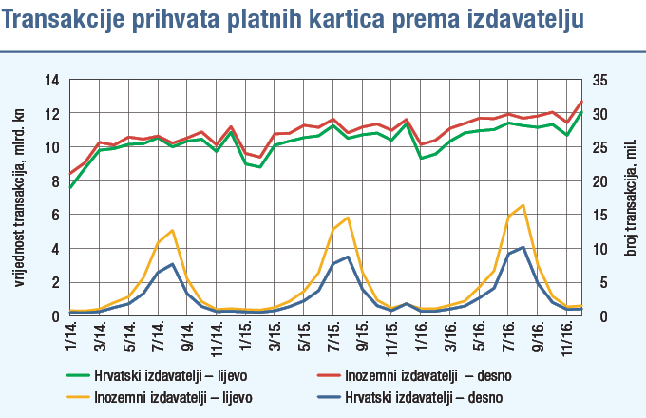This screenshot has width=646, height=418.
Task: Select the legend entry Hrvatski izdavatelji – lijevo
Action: [x=170, y=374]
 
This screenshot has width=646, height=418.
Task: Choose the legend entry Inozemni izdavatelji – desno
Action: [x=422, y=374]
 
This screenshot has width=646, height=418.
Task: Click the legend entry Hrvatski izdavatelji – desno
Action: [x=424, y=395]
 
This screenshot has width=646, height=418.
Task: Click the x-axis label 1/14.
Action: [x=71, y=333]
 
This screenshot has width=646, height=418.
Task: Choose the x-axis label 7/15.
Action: [x=334, y=333]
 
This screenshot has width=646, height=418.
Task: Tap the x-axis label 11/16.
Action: [x=568, y=333]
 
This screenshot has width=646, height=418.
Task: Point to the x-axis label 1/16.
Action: [x=422, y=333]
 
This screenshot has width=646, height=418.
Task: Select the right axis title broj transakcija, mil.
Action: [x=628, y=199]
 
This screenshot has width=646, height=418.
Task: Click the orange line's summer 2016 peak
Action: [x=523, y=205]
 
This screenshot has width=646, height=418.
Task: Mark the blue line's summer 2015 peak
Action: [x=348, y=256]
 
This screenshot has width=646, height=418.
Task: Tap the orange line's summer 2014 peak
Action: [x=172, y=230]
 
